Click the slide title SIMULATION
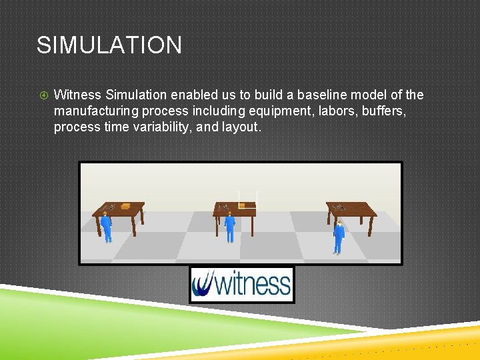tap(109, 45)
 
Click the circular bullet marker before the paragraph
tap(42, 95)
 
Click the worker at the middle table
tap(230, 227)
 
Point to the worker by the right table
tap(339, 237)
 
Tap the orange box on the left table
tap(125, 207)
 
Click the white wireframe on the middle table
tap(247, 199)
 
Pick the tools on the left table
tap(110, 207)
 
